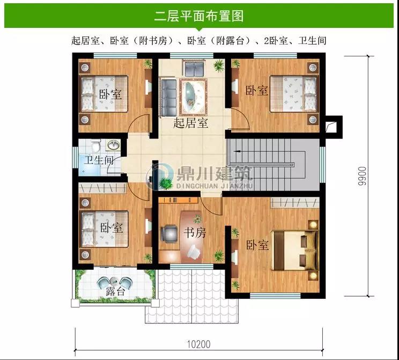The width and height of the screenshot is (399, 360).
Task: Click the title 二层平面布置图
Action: (x=199, y=16)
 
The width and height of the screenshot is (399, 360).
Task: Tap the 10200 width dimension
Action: (x=199, y=344)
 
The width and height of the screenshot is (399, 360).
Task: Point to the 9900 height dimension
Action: (x=361, y=176)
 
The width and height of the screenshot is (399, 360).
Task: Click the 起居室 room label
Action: (x=191, y=123)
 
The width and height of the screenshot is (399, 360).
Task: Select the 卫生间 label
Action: (x=99, y=160)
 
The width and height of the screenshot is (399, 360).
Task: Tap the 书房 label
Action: (x=195, y=233)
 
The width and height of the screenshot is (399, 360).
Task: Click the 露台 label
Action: (x=115, y=291)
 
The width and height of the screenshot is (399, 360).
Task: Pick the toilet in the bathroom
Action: (x=96, y=145)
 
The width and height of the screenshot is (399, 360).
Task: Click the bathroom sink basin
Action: (x=113, y=145)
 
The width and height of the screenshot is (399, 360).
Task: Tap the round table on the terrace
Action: (x=114, y=281)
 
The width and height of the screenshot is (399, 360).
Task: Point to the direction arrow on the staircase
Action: (x=238, y=151)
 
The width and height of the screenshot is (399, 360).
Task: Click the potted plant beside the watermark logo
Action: (x=165, y=183)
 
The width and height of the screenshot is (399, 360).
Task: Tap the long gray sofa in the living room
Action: (x=168, y=97)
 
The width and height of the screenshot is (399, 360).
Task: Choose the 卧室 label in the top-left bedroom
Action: (x=110, y=94)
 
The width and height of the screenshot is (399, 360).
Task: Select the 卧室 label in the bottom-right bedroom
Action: (x=257, y=245)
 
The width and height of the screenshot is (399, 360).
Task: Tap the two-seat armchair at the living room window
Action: (x=194, y=68)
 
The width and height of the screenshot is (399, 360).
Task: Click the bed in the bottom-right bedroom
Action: (x=294, y=251)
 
